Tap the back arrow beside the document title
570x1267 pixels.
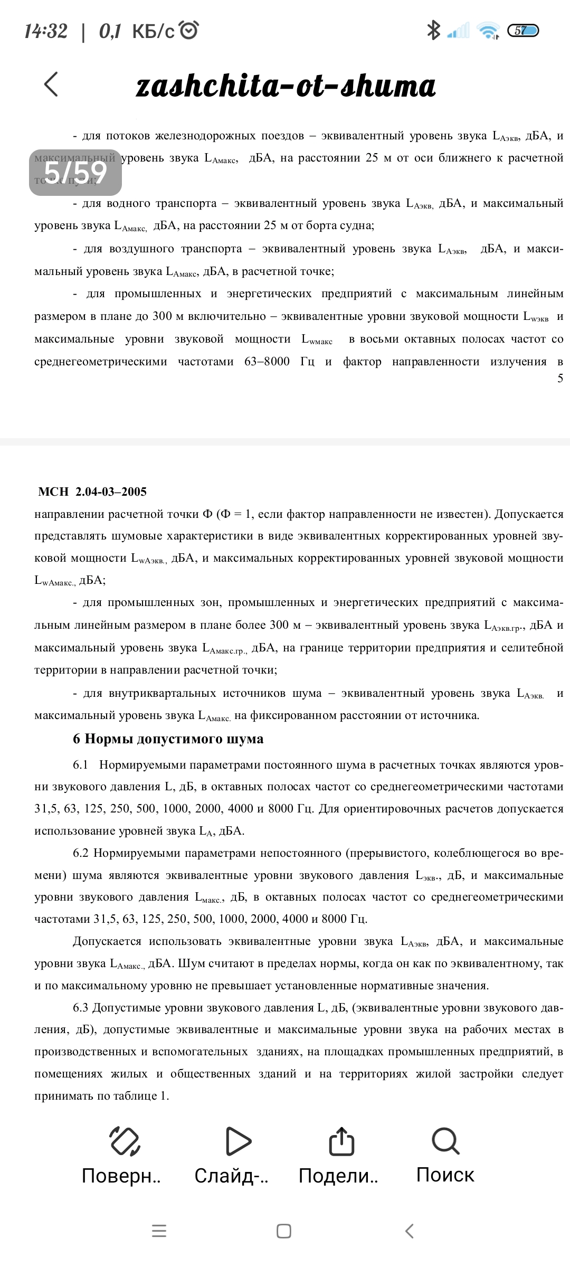point(51,84)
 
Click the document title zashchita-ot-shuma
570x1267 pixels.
point(286,86)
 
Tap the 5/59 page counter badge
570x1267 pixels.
point(75,172)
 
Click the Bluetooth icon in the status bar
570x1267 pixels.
point(433,31)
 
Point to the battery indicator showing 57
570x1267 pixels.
point(522,31)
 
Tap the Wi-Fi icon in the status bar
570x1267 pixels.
point(488,31)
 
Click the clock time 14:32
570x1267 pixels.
point(46,31)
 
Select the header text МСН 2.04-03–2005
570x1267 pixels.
point(92,491)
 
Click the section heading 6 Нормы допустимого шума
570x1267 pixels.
point(168,739)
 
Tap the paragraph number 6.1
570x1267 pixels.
point(80,764)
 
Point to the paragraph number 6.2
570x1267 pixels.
point(80,853)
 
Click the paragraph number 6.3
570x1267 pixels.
point(80,1008)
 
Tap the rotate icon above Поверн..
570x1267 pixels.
point(125,1141)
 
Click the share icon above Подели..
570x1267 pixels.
point(341,1141)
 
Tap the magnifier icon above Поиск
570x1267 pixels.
point(445,1141)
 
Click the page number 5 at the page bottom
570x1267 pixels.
point(560,378)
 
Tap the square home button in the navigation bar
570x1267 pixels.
point(284,1231)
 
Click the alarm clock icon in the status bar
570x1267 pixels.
point(189,31)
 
